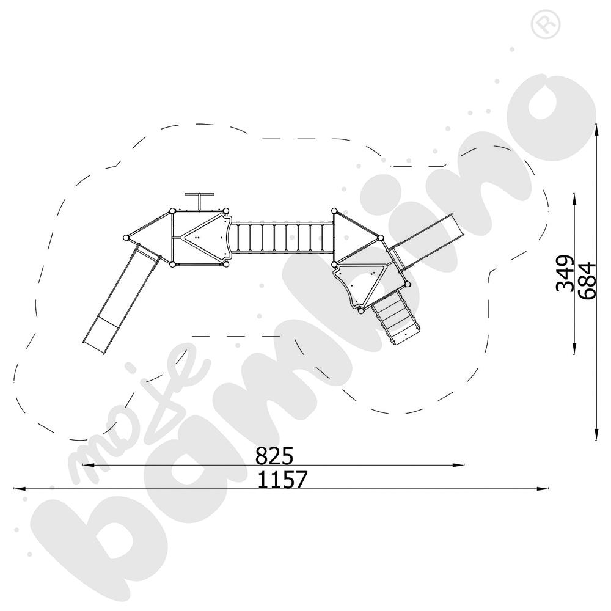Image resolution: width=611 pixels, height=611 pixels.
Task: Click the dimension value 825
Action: [274, 456]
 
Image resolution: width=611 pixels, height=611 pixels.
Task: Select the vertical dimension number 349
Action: [566, 273]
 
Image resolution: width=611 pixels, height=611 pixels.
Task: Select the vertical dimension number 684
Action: [586, 280]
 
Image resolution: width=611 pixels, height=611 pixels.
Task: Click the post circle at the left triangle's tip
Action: [126, 238]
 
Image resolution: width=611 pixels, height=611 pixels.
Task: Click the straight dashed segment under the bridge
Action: [235, 336]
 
